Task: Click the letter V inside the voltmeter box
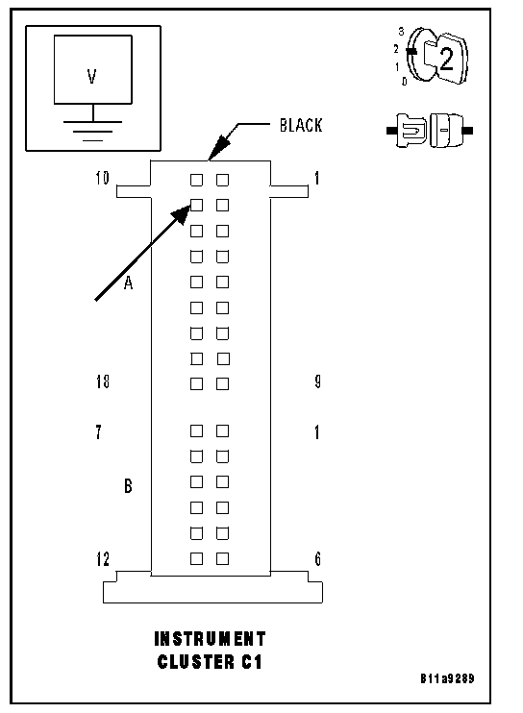[x=92, y=77]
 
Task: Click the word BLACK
[x=301, y=126]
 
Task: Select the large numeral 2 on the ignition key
[x=446, y=59]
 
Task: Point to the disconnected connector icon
[x=430, y=131]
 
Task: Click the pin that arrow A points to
[x=196, y=206]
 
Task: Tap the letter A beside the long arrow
[x=128, y=283]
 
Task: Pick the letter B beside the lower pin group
[x=128, y=486]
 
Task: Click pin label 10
[x=102, y=178]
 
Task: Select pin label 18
[x=103, y=381]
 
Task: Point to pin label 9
[x=318, y=381]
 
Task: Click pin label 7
[x=98, y=431]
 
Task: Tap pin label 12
[x=103, y=559]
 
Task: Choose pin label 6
[x=318, y=559]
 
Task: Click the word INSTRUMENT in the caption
[x=210, y=639]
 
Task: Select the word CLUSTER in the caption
[x=196, y=662]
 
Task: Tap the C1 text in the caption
[x=252, y=662]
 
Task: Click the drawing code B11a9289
[x=447, y=679]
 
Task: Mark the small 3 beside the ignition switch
[x=401, y=32]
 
